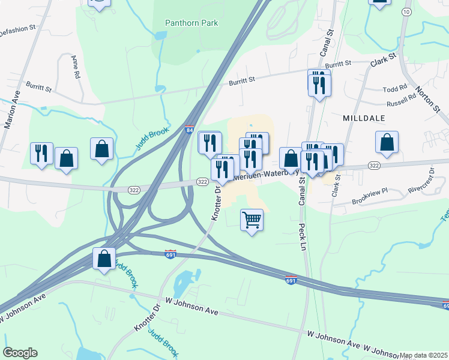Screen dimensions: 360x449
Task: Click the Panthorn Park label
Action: tap(191, 23)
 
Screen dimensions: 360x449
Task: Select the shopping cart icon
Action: tap(252, 219)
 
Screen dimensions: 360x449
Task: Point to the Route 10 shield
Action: tap(407, 12)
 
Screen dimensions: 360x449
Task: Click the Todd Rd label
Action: tap(394, 89)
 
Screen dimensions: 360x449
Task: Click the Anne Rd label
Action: tap(76, 67)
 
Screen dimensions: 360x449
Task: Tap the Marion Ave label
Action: tap(12, 110)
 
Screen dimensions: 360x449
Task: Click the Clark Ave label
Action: tap(384, 60)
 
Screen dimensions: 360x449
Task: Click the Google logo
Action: tap(20, 353)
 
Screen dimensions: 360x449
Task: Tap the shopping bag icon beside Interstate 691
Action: tap(104, 259)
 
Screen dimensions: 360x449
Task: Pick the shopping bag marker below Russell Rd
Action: tap(387, 143)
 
